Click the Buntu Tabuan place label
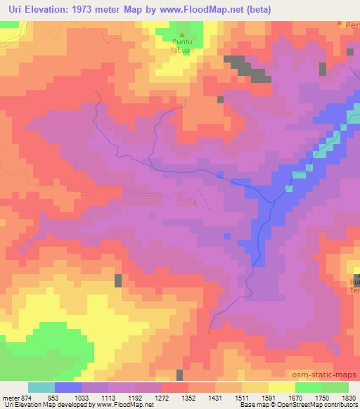pos(183,46)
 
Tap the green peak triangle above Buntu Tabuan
pos(183,34)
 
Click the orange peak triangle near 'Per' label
pos(340,24)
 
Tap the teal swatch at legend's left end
pos(41,387)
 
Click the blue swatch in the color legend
pos(68,387)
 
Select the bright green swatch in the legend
pos(309,387)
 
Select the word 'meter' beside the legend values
pos(10,397)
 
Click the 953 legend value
pos(54,397)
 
